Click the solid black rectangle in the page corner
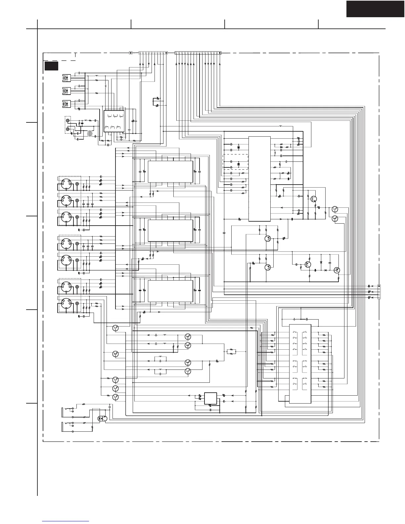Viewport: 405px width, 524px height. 375,9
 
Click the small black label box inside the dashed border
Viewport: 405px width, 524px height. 52,66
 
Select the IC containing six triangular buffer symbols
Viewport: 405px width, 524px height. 114,121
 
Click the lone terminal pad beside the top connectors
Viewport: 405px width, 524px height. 130,53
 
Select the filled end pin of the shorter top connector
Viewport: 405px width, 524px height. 166,53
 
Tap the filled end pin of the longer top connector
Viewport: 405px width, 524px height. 220,53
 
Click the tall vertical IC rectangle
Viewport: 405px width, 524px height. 259,179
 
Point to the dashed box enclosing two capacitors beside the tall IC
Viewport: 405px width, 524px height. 236,162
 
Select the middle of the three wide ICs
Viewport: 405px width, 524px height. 170,231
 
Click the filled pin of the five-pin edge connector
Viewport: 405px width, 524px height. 379,286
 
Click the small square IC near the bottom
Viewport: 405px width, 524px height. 210,398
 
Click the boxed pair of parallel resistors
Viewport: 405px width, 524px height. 231,351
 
